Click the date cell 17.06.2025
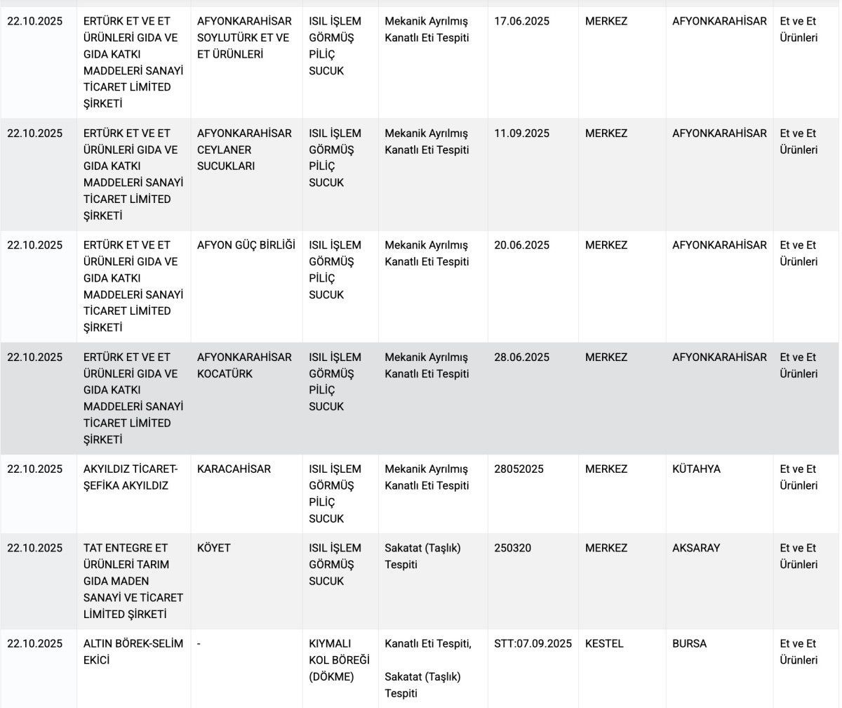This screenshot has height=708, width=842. coord(521,21)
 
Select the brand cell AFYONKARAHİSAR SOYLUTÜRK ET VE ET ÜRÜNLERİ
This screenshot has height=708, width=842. coord(243,38)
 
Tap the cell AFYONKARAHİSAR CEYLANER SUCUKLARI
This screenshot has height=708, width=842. coord(243,150)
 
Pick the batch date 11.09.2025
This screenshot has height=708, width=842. coord(521,133)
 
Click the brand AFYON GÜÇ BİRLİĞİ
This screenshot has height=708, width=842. coord(246,245)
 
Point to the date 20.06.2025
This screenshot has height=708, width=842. coord(521,245)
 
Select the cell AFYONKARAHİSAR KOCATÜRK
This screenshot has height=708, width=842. coord(243,365)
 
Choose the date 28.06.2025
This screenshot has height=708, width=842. coord(521,357)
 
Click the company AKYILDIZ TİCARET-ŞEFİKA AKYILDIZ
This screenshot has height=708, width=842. coord(131,477)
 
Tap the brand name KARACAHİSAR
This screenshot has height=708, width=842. coord(234,468)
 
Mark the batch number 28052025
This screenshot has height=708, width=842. coord(519,468)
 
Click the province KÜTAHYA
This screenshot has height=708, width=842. coord(696,468)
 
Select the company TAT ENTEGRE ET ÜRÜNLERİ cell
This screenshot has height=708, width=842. coord(133,581)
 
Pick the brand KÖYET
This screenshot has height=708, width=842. coord(214,548)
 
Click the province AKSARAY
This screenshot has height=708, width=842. coord(696,548)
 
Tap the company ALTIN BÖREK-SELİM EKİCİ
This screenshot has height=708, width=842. coord(133,652)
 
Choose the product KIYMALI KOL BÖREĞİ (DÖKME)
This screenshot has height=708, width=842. coord(339,660)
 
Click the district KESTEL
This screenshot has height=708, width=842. coord(604,643)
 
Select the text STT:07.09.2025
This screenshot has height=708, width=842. coord(533,643)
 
